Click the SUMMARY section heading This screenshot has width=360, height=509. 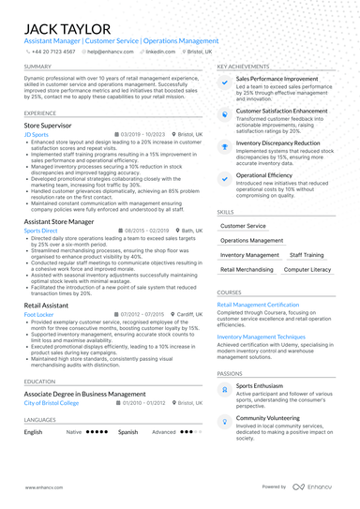38,67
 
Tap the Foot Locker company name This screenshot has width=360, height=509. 39,315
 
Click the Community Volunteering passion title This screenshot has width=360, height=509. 275,417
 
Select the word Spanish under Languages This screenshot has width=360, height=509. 128,432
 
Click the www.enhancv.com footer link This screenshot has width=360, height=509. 43,487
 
